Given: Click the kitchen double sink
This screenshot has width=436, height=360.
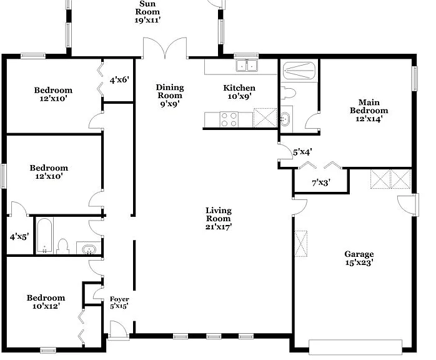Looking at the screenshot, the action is [247, 66].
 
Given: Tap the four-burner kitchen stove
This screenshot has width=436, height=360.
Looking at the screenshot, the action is [229, 119].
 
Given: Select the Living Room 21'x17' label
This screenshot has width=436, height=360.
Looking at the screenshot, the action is [219, 219].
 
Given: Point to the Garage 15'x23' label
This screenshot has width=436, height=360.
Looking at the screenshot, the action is [359, 258].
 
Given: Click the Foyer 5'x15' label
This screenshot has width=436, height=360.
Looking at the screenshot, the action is [119, 302].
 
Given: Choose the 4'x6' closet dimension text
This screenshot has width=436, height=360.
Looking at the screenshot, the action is [119, 80].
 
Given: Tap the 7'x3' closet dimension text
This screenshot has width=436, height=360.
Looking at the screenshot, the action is [321, 182].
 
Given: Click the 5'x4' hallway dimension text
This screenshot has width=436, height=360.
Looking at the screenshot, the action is [302, 152].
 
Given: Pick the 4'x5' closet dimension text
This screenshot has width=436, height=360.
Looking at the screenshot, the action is [19, 237].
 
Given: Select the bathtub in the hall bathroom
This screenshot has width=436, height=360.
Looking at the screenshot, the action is [44, 236].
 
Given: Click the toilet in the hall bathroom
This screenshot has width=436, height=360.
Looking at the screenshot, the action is [62, 246].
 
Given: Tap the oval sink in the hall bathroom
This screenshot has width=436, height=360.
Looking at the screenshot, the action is [89, 249].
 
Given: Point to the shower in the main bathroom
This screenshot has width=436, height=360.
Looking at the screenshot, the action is [299, 71].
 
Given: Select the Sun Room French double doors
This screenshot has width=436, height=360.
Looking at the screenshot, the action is [165, 48].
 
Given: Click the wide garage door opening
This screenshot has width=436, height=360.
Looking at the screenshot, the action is [355, 347].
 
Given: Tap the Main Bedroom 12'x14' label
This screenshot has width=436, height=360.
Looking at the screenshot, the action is [369, 111].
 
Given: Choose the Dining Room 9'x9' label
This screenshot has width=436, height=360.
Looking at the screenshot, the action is [170, 96].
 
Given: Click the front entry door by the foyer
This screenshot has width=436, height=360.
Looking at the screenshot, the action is [119, 330].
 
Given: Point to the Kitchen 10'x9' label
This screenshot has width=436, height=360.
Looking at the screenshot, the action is [239, 92].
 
